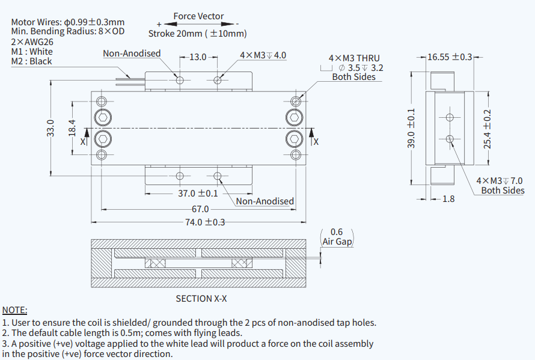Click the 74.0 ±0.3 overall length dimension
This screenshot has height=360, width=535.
pyautogui.click(x=204, y=222)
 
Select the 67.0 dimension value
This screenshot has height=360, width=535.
pyautogui.click(x=200, y=209)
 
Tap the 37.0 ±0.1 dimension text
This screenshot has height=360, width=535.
pyautogui.click(x=198, y=194)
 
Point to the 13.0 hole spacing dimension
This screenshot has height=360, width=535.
pyautogui.click(x=198, y=57)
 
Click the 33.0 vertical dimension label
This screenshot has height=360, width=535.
pyautogui.click(x=50, y=129)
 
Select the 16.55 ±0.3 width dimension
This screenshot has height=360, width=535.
pyautogui.click(x=450, y=57)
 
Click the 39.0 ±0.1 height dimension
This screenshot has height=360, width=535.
pyautogui.click(x=411, y=129)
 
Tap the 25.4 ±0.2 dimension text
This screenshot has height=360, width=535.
pyautogui.click(x=488, y=129)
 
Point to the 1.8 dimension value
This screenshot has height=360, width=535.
pyautogui.click(x=448, y=199)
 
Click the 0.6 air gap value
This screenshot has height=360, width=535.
pyautogui.click(x=337, y=232)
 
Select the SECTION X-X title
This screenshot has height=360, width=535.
pyautogui.click(x=201, y=298)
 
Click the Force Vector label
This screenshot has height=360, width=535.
pyautogui.click(x=198, y=16)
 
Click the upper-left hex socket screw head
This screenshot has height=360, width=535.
pyautogui.click(x=103, y=117)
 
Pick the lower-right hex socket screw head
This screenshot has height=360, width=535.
pyautogui.click(x=294, y=139)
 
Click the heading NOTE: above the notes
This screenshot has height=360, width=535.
pyautogui.click(x=15, y=310)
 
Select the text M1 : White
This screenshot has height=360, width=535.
pyautogui.click(x=32, y=52)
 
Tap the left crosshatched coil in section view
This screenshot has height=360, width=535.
pyautogui.click(x=157, y=264)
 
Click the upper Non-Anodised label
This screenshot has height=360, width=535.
pyautogui.click(x=132, y=53)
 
